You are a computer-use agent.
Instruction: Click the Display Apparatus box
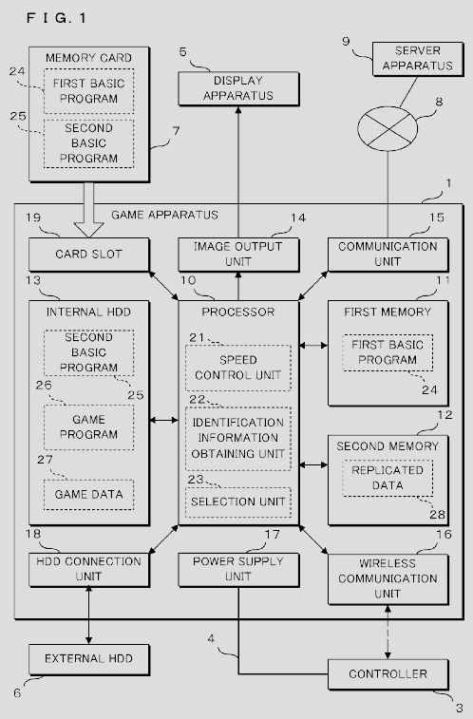[x=238, y=88]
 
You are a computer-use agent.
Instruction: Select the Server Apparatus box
[x=418, y=59]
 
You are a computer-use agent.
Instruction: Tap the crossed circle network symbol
[x=388, y=129]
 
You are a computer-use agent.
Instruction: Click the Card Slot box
[x=89, y=255]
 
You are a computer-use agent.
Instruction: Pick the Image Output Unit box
[x=238, y=255]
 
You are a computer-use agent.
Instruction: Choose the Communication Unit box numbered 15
[x=388, y=255]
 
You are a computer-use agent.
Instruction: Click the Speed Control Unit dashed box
[x=238, y=368]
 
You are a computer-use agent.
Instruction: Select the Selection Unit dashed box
[x=238, y=502]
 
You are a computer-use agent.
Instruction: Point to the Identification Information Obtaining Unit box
[x=238, y=439]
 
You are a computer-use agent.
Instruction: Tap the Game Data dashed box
[x=89, y=495]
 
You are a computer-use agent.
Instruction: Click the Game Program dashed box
[x=89, y=427]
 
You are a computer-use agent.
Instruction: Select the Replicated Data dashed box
[x=388, y=478]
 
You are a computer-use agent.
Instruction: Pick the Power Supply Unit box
[x=238, y=570]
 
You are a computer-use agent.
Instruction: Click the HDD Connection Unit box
[x=89, y=570]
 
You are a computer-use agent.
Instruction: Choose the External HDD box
[x=89, y=659]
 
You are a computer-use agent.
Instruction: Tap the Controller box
[x=388, y=674]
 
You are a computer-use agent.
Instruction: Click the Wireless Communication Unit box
[x=388, y=579]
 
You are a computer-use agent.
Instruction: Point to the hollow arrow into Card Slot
[x=88, y=210]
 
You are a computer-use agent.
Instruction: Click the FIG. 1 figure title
[x=56, y=18]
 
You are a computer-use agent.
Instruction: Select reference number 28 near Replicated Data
[x=437, y=515]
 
